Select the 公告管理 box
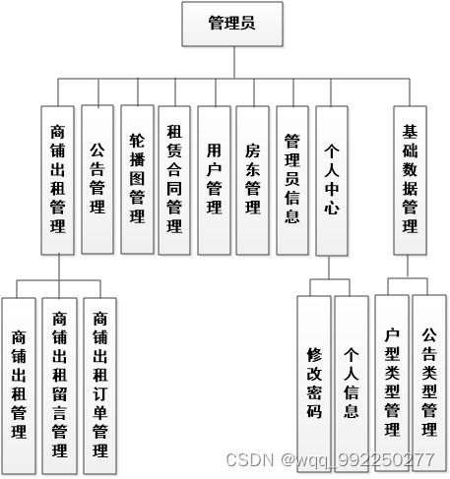tap(96, 178)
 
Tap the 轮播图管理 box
tap(137, 178)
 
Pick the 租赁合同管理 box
tap(174, 178)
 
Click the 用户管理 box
tap(214, 178)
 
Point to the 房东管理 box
tap(252, 178)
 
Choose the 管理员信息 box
tap(291, 178)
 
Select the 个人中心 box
tap(332, 178)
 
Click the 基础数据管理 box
tap(411, 178)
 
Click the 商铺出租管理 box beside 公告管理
tap(58, 178)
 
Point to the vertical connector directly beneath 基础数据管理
tap(411, 268)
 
